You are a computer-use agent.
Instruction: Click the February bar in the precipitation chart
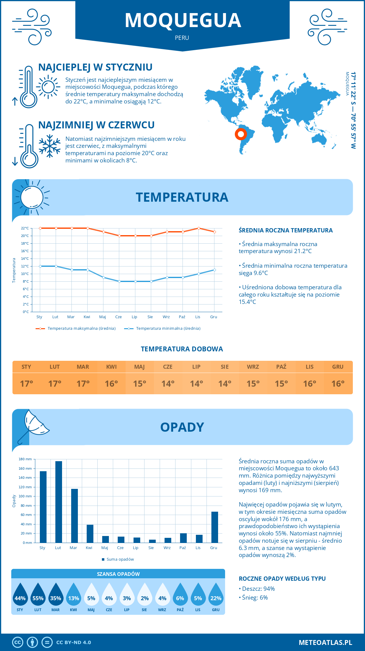click(59, 502)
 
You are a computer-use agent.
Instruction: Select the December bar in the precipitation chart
click(215, 527)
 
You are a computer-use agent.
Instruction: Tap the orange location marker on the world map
click(241, 134)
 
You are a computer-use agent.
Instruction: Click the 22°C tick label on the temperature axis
click(25, 228)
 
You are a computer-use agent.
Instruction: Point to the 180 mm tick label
click(25, 459)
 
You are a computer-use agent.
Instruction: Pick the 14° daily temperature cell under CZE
click(168, 384)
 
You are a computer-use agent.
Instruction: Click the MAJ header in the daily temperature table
click(140, 367)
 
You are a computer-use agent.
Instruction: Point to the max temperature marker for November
click(199, 228)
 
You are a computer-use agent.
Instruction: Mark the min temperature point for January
click(40, 266)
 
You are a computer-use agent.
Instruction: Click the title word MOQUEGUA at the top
click(183, 20)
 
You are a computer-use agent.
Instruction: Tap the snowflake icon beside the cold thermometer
click(50, 146)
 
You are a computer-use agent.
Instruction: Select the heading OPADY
click(182, 427)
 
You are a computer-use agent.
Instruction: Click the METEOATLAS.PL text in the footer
click(325, 642)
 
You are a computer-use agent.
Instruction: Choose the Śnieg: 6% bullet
click(253, 597)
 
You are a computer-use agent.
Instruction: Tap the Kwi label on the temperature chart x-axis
click(87, 317)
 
